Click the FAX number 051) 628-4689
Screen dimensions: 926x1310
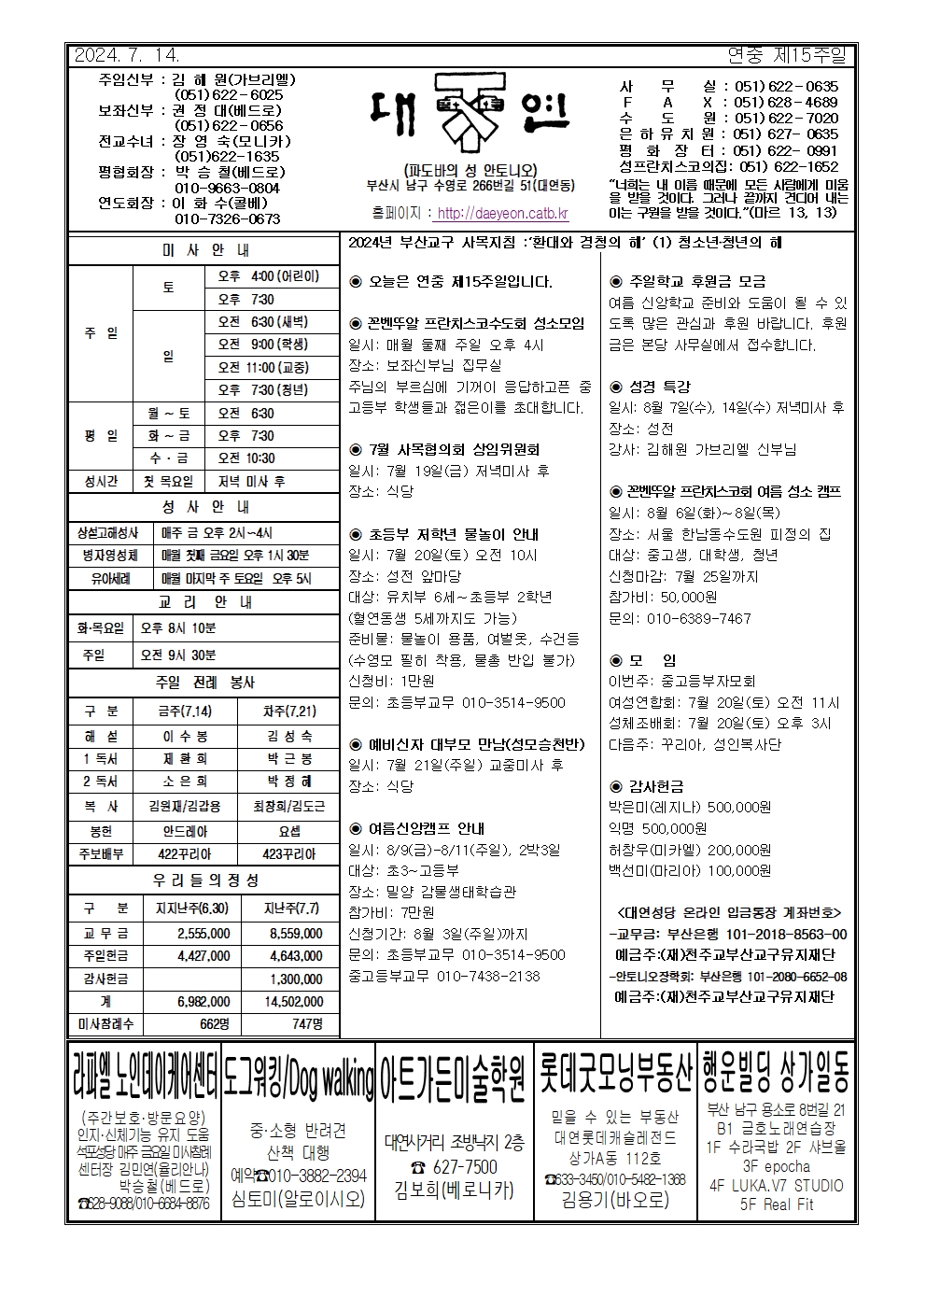(785, 103)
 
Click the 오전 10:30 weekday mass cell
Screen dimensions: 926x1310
(246, 458)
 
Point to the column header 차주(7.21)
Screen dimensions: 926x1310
(289, 711)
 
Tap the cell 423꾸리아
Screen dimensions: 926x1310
(289, 853)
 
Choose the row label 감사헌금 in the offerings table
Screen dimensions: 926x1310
(106, 979)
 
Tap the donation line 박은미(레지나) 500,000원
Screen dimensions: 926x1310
(690, 807)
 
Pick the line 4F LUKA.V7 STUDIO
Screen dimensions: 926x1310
(776, 1186)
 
